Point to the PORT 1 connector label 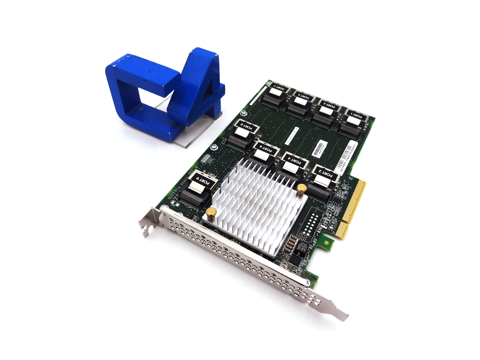tap(353, 115)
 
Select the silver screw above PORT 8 tap(243, 113)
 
